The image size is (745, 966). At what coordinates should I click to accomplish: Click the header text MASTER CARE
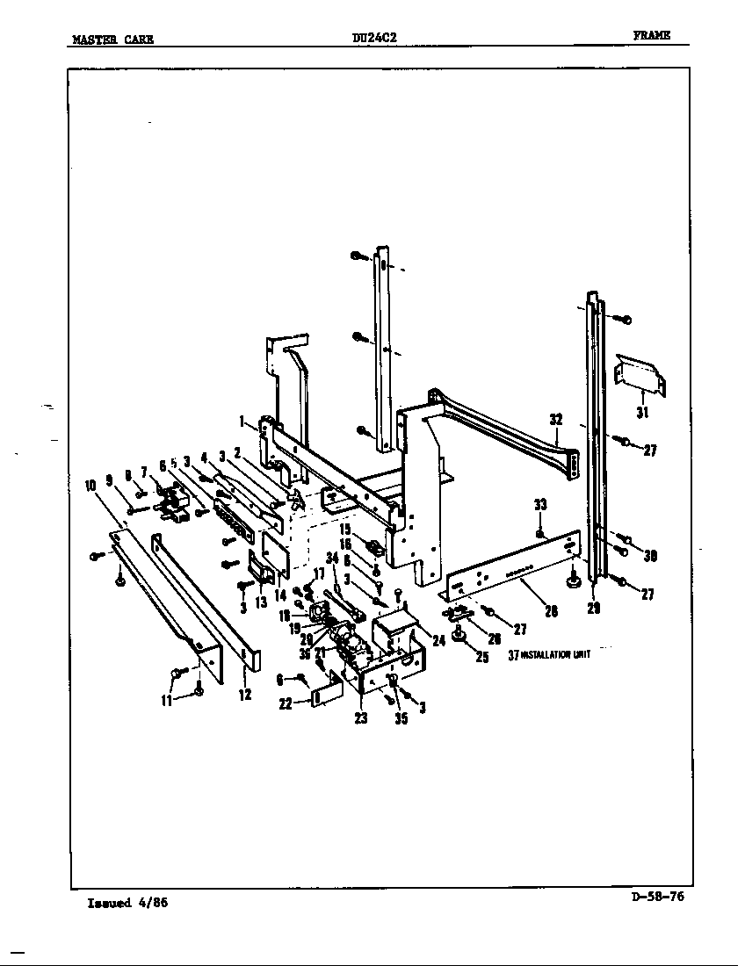pos(112,38)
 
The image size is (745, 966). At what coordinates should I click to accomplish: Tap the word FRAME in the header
pos(651,35)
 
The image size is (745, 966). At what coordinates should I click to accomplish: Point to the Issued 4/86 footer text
pos(127,903)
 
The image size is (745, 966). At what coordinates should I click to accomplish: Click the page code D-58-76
pos(658,897)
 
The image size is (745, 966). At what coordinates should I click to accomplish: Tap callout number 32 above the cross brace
pos(555,420)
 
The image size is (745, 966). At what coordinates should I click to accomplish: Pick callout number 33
pos(540,504)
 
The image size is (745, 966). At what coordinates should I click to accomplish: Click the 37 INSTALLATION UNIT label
pos(549,654)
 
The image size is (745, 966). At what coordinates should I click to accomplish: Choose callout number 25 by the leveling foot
pos(481,658)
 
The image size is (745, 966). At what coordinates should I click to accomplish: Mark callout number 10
pos(90,484)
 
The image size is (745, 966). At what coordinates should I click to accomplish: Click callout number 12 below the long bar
pos(245,695)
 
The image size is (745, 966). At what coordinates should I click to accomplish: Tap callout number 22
pos(285,704)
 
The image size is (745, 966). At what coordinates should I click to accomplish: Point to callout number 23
pos(360,717)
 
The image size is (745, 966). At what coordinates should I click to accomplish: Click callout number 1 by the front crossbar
pos(241,422)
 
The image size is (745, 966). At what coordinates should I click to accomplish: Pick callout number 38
pos(650,555)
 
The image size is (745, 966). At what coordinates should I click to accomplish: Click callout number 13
pos(261,602)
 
